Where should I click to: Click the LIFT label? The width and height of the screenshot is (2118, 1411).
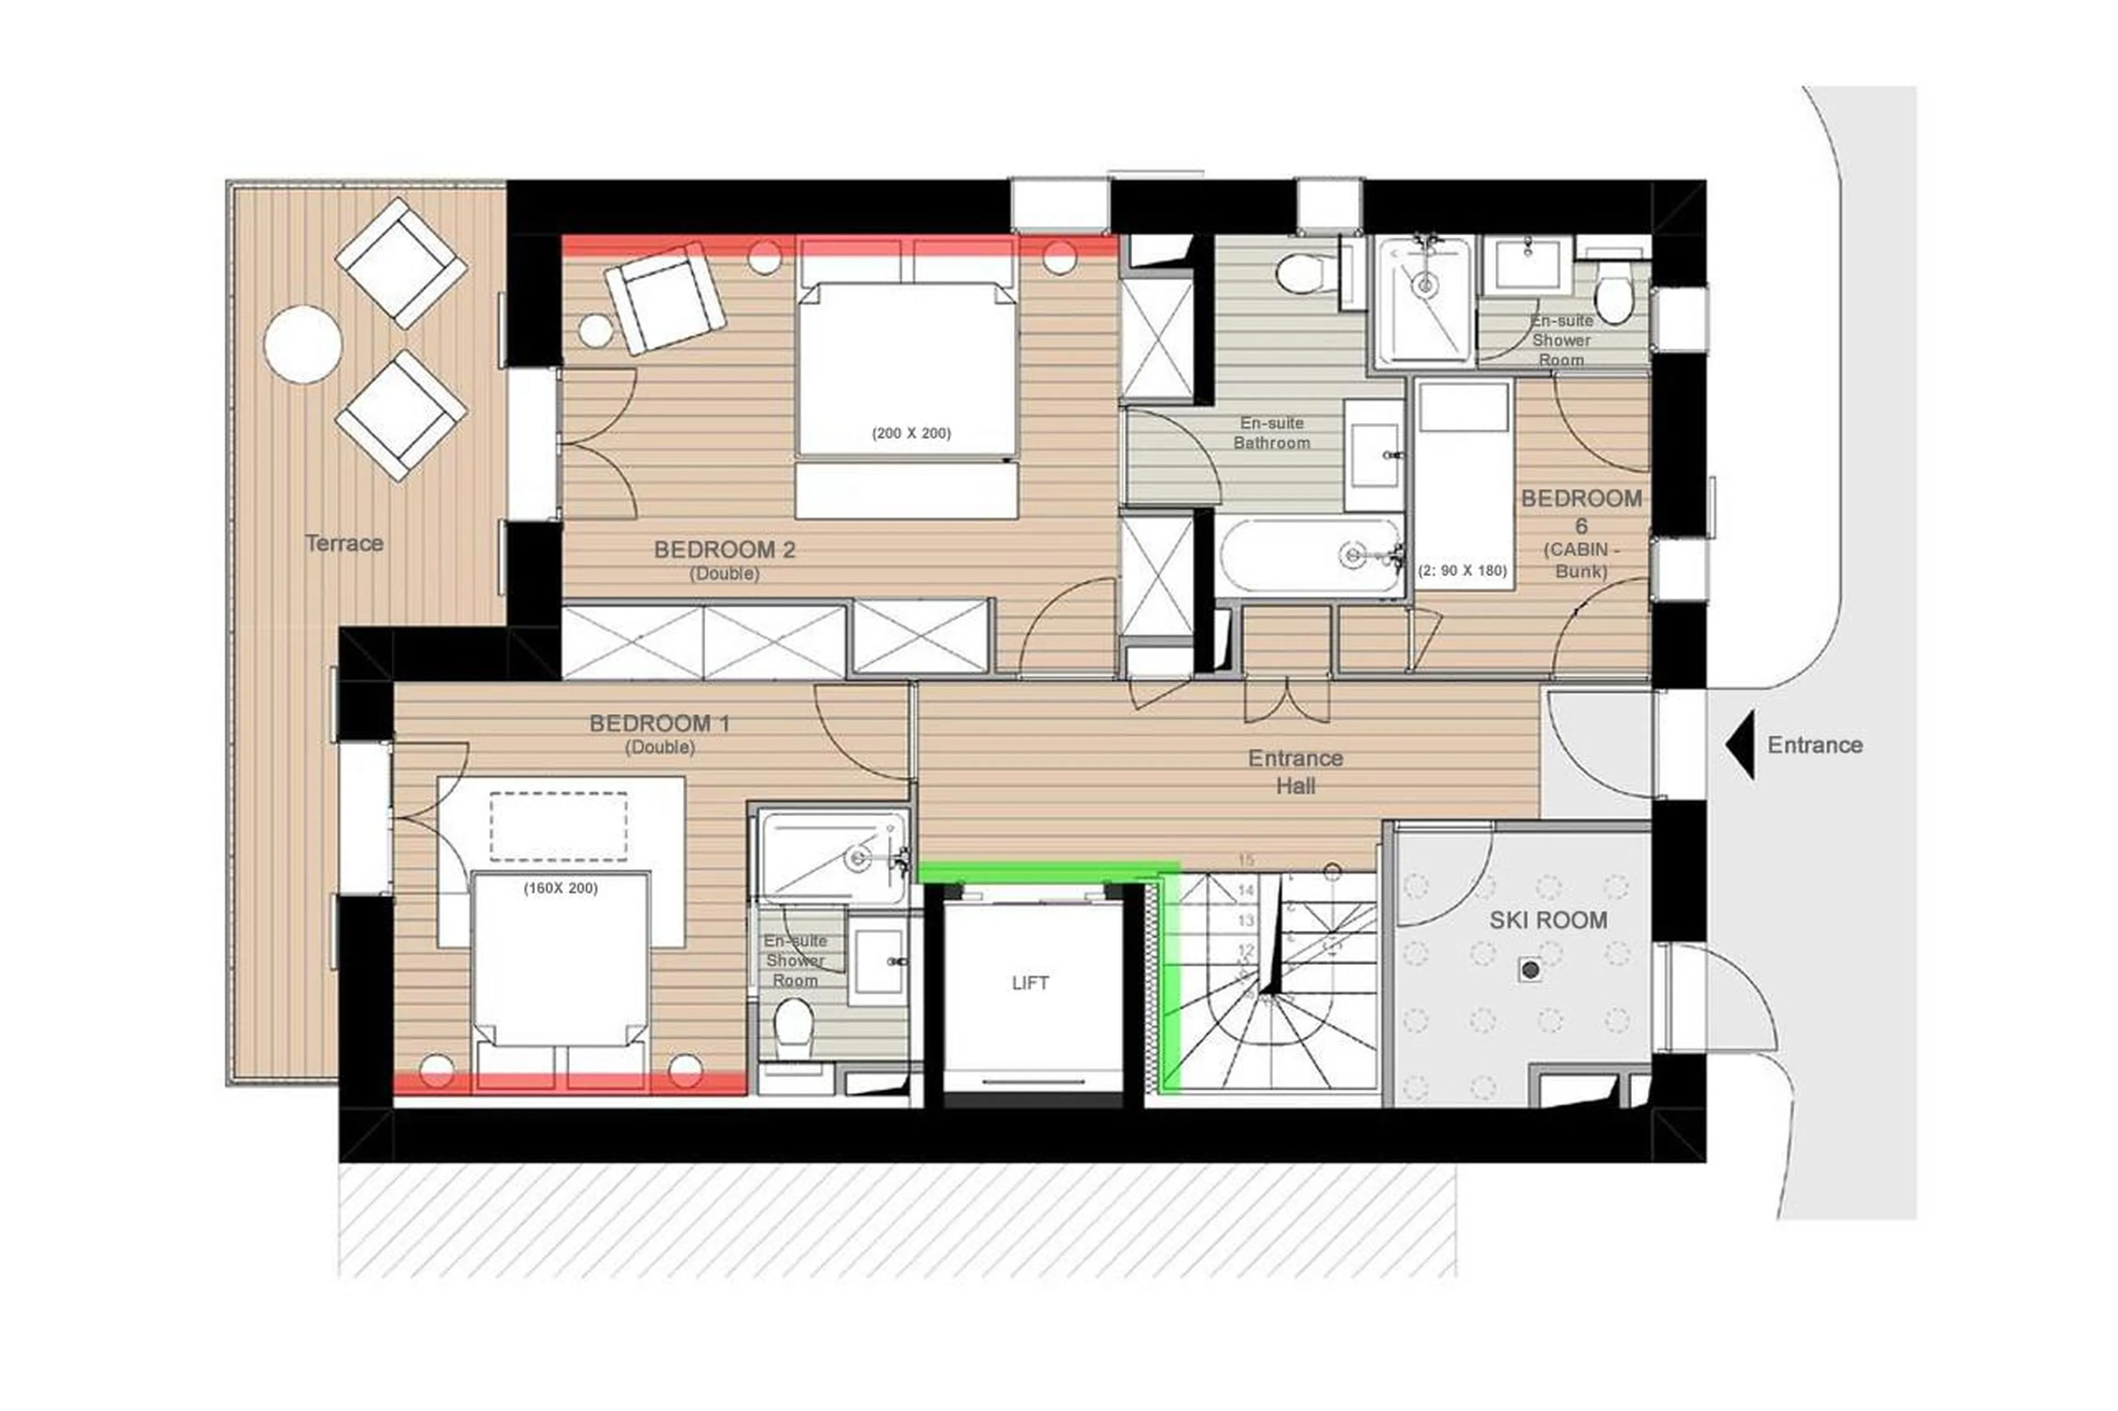pos(1029,983)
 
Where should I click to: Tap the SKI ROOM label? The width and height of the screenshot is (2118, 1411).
pos(1547,921)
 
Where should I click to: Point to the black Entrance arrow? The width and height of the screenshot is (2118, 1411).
pos(1740,744)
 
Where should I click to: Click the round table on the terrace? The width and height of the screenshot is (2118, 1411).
pos(302,345)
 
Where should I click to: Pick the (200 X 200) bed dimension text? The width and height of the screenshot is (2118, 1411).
pos(911,433)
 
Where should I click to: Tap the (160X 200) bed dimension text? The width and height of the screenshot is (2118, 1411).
pos(560,888)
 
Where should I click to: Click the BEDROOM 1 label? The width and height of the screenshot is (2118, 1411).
pos(659,723)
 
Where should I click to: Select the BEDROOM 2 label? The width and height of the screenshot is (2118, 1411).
pos(725,550)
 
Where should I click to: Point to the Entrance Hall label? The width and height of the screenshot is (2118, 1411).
pos(1295,772)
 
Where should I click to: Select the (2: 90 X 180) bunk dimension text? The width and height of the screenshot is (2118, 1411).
pos(1462,571)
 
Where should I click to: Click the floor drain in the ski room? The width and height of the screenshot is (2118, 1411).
pos(1529,969)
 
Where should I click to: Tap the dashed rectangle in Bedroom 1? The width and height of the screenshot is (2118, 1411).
pos(558,825)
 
